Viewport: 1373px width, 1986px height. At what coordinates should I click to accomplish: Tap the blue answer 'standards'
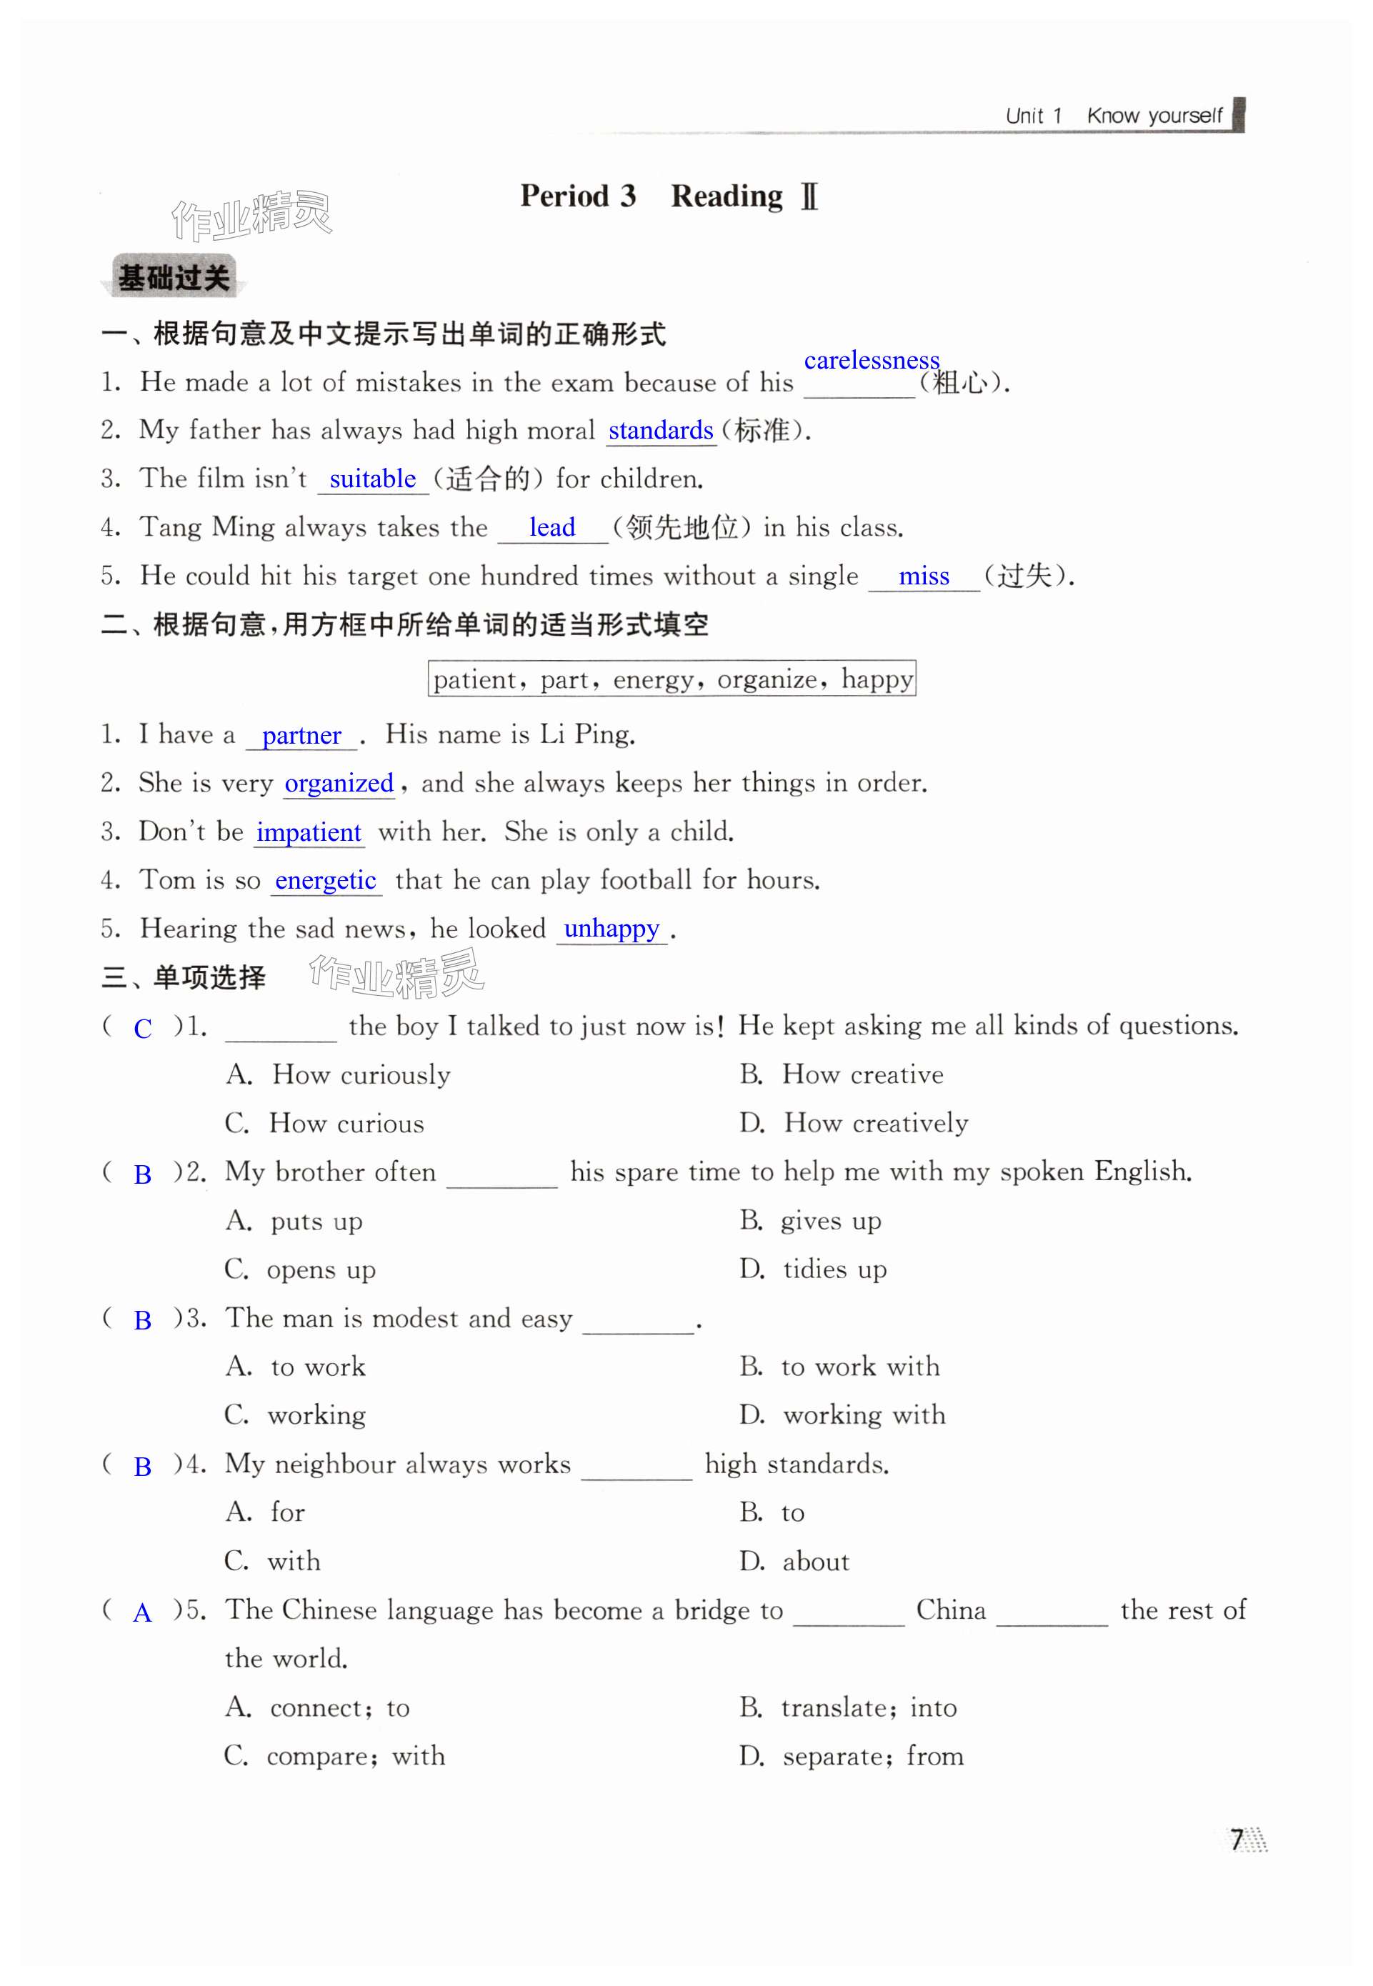tap(660, 430)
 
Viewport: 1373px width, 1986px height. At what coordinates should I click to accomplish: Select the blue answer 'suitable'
tap(372, 479)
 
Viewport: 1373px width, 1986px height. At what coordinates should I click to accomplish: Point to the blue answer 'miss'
tap(923, 577)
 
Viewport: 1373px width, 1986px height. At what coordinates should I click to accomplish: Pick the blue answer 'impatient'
tap(308, 832)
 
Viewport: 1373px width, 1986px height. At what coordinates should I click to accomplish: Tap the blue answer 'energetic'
tap(325, 881)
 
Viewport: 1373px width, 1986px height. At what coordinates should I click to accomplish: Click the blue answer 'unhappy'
tap(611, 929)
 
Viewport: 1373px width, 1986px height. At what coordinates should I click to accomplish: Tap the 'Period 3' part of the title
tap(577, 196)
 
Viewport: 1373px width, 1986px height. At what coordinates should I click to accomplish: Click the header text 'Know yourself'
tap(1154, 116)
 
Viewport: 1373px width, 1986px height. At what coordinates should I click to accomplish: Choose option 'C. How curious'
tap(324, 1123)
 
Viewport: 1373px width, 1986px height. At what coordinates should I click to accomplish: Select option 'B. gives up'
tap(809, 1220)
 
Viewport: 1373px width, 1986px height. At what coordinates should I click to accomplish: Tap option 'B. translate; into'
tap(847, 1707)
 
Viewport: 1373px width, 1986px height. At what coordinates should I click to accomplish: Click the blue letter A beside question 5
tap(142, 1612)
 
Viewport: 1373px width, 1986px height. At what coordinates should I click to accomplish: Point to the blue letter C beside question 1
tap(143, 1029)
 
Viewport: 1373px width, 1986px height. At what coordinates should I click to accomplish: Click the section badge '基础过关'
tap(173, 278)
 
